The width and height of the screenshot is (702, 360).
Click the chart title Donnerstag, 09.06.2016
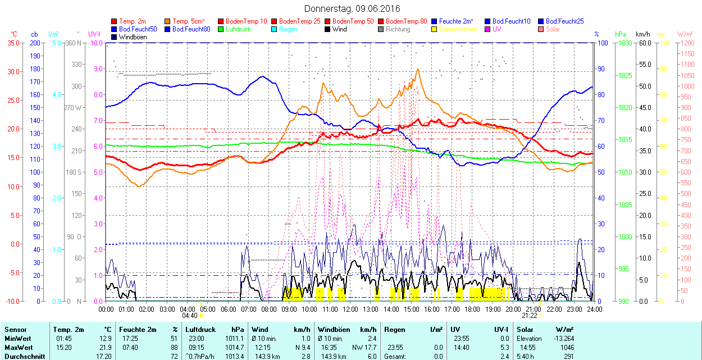[x=352, y=8]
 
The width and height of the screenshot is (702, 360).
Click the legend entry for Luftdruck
[x=237, y=29]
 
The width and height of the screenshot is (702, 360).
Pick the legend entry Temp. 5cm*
[x=189, y=21]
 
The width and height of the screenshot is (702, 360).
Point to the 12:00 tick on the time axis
[x=350, y=309]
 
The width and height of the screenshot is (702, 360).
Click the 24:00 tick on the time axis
[x=595, y=309]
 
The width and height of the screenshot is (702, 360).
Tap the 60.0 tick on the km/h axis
[x=644, y=43]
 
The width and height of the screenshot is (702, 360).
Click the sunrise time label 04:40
[x=190, y=316]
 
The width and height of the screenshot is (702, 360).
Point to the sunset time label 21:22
[x=529, y=316]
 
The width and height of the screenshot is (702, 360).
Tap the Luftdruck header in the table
[x=200, y=330]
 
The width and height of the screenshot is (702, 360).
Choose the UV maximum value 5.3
[x=504, y=348]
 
